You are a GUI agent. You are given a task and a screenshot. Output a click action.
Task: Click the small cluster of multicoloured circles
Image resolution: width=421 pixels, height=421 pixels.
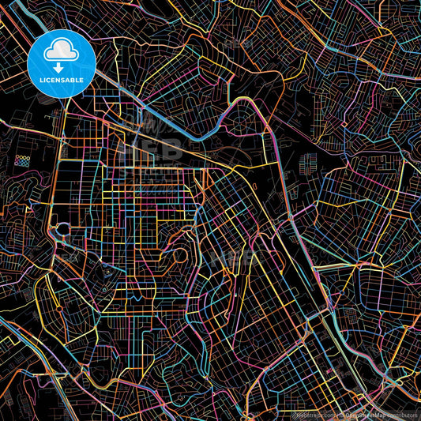[x=22, y=162]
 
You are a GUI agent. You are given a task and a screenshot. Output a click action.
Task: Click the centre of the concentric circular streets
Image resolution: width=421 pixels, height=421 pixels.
[x=177, y=255]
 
